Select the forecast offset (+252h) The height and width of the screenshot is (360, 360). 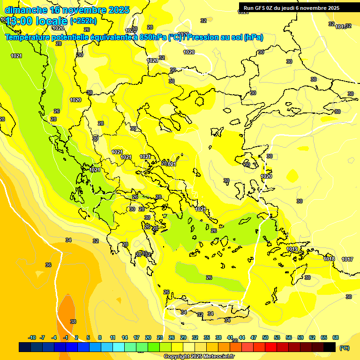(83, 21)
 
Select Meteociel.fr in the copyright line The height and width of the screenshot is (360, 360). (215, 356)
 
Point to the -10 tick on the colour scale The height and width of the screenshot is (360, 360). (32, 337)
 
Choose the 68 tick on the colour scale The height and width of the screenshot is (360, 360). (336, 337)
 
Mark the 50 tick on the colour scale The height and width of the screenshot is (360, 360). (265, 337)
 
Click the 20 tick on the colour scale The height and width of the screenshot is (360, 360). (148, 337)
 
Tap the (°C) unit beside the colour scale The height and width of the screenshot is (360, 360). (345, 348)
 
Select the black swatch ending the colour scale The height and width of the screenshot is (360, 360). (330, 347)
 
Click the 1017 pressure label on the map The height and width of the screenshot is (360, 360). (347, 259)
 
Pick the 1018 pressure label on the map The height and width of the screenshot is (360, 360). (329, 259)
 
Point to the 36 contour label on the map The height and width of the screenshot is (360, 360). (48, 265)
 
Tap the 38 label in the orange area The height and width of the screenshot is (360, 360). (73, 322)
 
